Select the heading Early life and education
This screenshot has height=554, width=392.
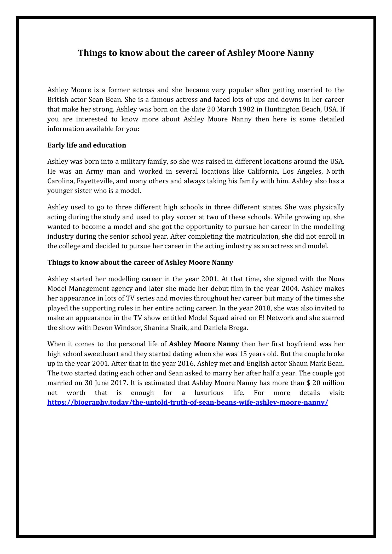click(87, 145)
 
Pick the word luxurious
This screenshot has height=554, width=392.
click(209, 393)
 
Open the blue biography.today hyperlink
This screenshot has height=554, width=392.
click(187, 403)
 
